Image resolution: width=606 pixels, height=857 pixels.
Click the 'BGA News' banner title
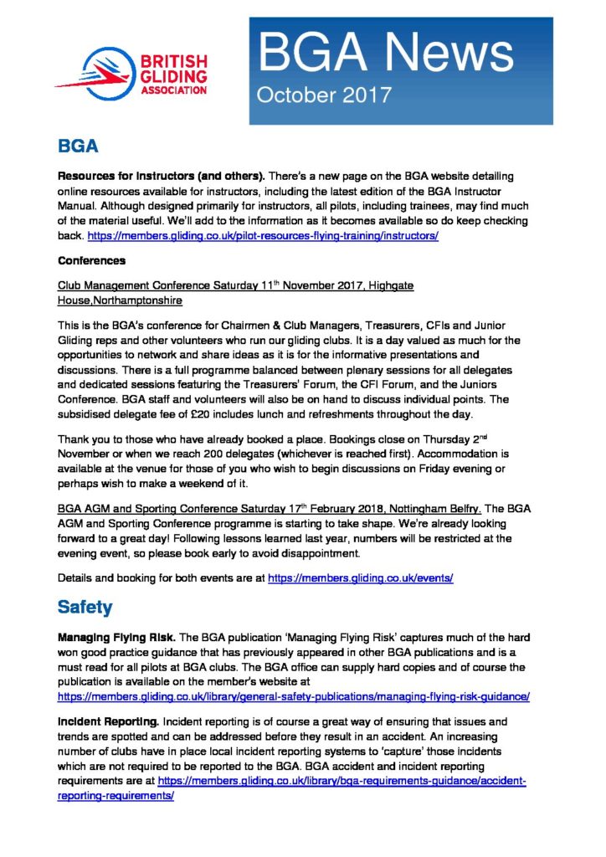click(x=386, y=53)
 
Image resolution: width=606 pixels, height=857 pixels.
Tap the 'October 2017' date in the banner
click(x=324, y=95)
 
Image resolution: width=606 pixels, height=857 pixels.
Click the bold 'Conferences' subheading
click(x=91, y=261)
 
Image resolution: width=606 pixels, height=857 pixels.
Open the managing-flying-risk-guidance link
click(x=294, y=696)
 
